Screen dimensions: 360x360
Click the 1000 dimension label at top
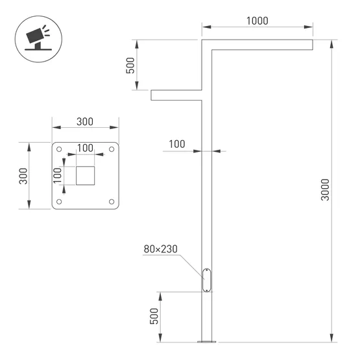tap(258, 21)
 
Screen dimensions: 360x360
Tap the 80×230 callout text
tap(161, 248)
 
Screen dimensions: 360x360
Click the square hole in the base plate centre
tap(86, 175)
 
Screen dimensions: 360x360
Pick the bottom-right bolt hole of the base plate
tap(112, 201)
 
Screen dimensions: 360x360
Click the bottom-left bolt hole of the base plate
tap(60, 201)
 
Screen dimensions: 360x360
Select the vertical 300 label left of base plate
tap(23, 175)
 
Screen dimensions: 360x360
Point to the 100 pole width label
tap(177, 143)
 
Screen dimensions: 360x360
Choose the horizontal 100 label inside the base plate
tap(85, 148)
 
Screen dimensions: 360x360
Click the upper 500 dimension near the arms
tap(130, 66)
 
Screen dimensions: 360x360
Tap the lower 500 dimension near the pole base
tap(154, 316)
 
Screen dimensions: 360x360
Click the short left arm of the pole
tap(176, 95)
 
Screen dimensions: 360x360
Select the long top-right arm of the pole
tap(259, 44)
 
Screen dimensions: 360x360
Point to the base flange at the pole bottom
tap(207, 340)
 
